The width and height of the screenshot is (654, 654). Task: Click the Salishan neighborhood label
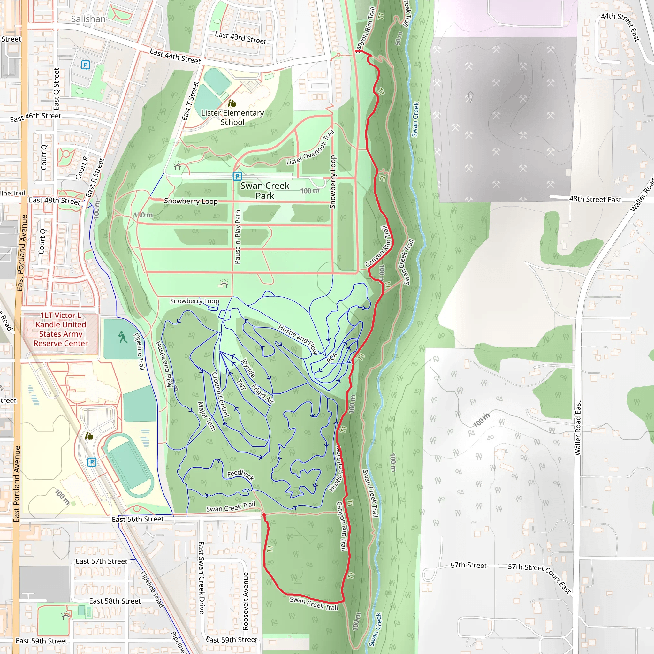point(88,19)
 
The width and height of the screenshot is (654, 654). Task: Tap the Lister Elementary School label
point(232,118)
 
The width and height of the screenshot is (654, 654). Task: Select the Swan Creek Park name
point(265,191)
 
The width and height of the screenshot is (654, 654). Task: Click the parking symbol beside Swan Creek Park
point(237,176)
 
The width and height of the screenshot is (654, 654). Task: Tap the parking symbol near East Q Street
point(86,65)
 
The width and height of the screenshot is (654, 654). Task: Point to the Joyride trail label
point(248,368)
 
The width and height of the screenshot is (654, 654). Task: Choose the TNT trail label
point(241,384)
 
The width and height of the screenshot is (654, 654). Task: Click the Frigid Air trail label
point(262,394)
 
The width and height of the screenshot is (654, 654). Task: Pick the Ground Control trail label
point(220,394)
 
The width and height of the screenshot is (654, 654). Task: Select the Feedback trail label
point(240,475)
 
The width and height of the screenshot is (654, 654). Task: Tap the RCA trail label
point(332,358)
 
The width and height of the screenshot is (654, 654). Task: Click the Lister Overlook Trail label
point(310,148)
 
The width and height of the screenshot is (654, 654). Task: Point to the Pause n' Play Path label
point(238,237)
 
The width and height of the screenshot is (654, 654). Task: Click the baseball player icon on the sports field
point(122,338)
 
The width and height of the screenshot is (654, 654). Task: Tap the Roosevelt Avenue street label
point(246,601)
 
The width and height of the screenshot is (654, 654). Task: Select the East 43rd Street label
point(240,38)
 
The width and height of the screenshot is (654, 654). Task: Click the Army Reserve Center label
point(61,329)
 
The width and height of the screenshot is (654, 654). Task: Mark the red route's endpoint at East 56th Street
point(264,515)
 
